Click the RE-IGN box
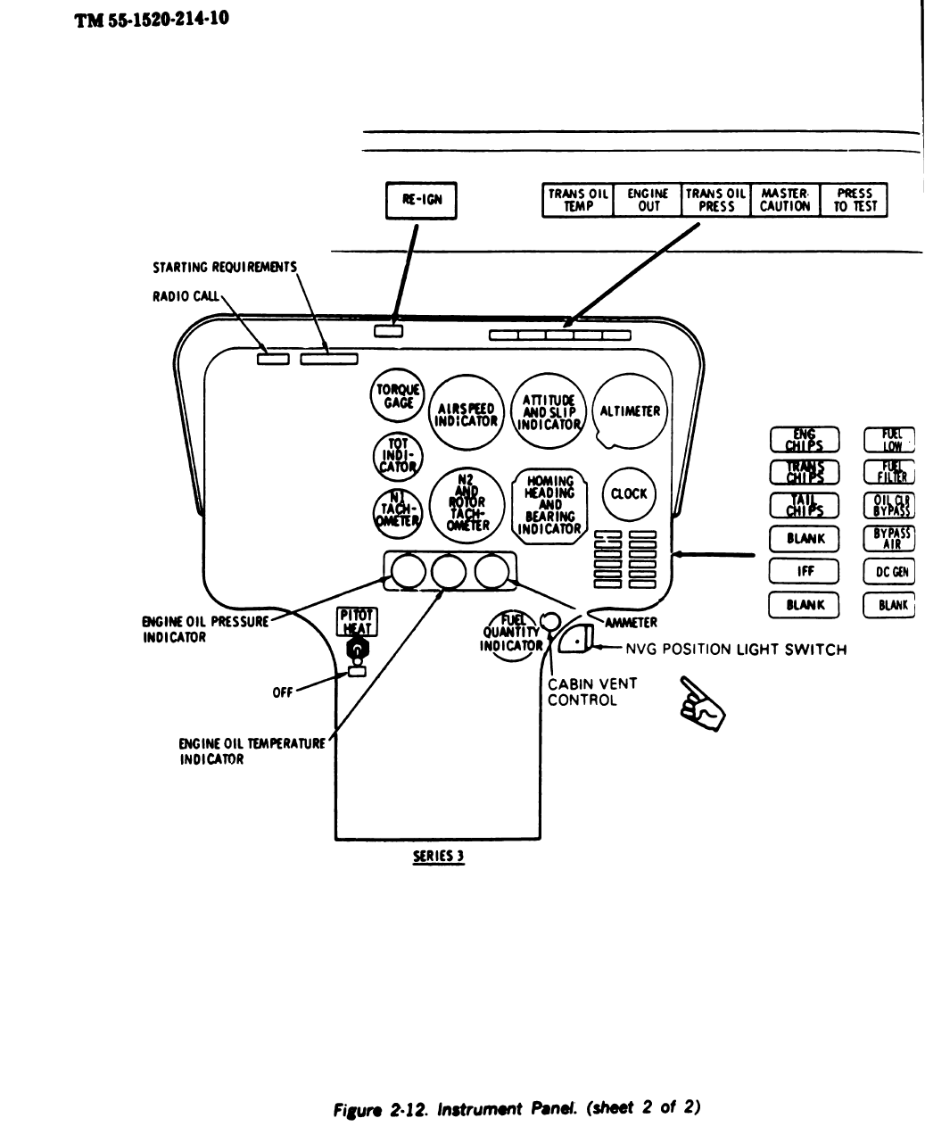pos(421,201)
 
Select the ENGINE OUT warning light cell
pos(648,200)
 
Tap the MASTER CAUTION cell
pos(785,200)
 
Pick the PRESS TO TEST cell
pos(855,200)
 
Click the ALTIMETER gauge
pos(630,411)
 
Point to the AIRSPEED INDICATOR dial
pos(467,413)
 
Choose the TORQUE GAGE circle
pos(389,396)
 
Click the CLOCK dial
pos(629,493)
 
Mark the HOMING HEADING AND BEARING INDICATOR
pos(549,505)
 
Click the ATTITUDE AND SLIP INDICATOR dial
pos(546,410)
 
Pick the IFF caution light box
pos(804,572)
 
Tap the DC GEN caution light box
pos(890,572)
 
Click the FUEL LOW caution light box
pos(890,439)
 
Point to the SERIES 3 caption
pos(436,855)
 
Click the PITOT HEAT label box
pos(357,621)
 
